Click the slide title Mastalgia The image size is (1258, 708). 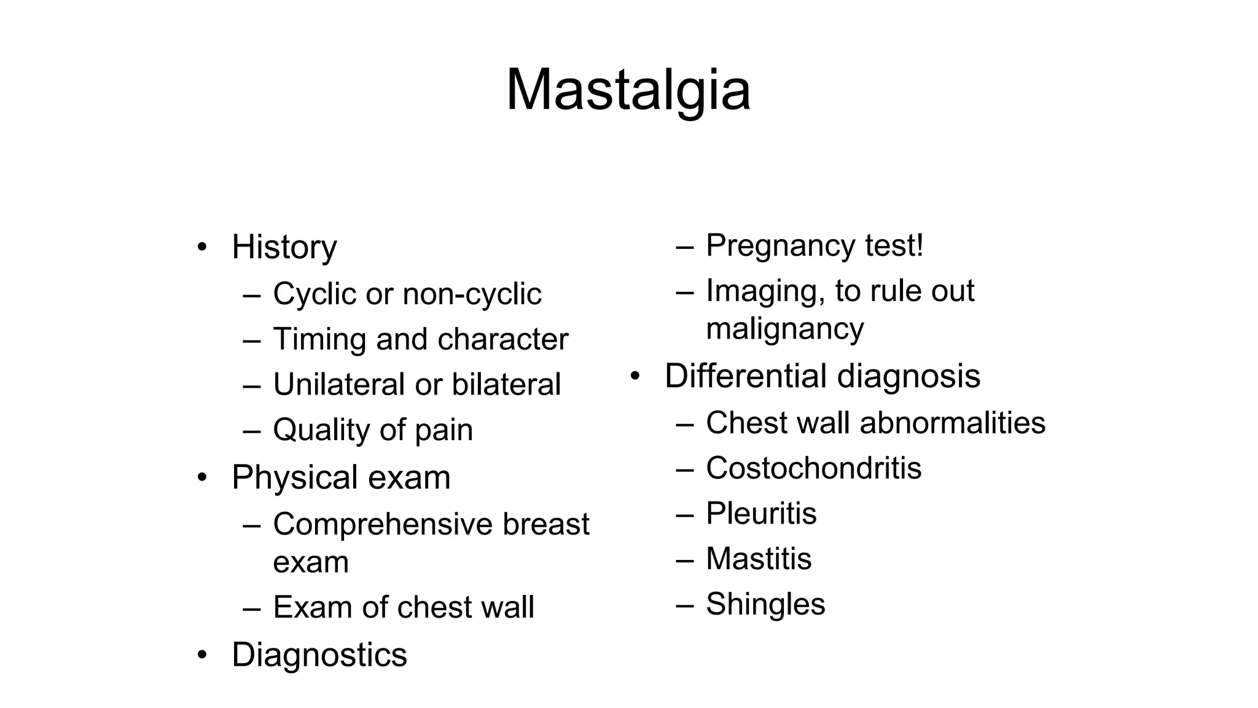pyautogui.click(x=628, y=90)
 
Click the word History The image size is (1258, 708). pyautogui.click(x=284, y=247)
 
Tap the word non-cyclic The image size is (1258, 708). pyautogui.click(x=472, y=294)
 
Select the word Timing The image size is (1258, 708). pyautogui.click(x=319, y=339)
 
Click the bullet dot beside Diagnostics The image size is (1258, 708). pyautogui.click(x=202, y=655)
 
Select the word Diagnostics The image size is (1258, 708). pyautogui.click(x=319, y=655)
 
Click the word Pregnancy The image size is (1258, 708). pyautogui.click(x=780, y=246)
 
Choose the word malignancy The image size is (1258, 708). pyautogui.click(x=784, y=329)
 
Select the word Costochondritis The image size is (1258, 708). pyautogui.click(x=813, y=468)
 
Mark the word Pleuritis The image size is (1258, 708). pyautogui.click(x=761, y=514)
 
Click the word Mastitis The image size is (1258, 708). pyautogui.click(x=759, y=559)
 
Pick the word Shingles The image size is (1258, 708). pyautogui.click(x=765, y=604)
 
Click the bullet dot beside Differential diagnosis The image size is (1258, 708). pyautogui.click(x=635, y=376)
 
